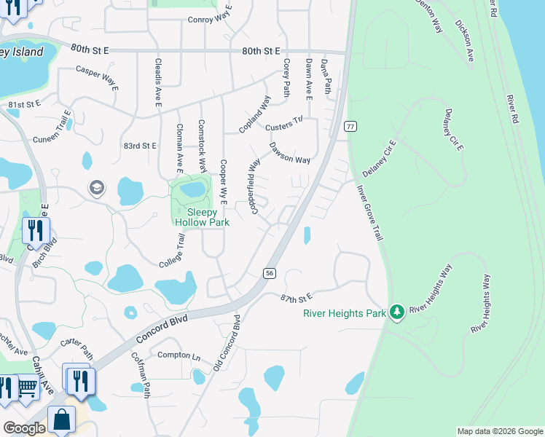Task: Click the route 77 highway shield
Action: click(350, 126)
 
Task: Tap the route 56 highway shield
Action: click(270, 272)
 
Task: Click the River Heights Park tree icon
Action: click(396, 312)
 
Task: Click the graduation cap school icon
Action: click(96, 188)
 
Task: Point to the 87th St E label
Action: click(297, 297)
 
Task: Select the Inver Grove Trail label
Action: click(369, 213)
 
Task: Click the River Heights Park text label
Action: click(344, 314)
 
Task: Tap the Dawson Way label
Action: click(290, 152)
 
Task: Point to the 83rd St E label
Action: click(140, 146)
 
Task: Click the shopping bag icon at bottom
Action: click(61, 420)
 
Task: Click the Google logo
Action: click(24, 428)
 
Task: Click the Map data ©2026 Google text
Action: click(500, 431)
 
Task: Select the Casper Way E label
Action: click(97, 78)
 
